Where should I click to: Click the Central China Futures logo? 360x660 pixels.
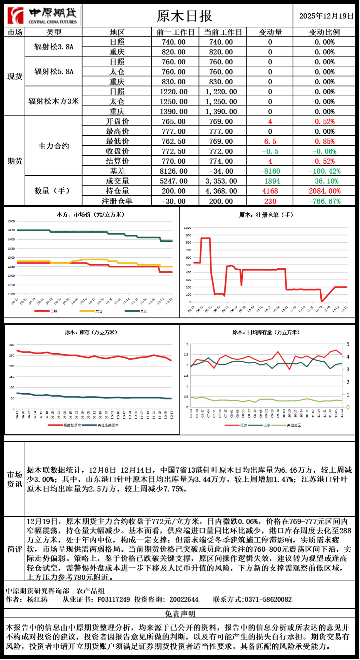coord(43,15)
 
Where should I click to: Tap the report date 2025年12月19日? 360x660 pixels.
coord(326,16)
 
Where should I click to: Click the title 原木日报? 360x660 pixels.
coord(184,16)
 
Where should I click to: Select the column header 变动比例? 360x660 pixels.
coord(324,32)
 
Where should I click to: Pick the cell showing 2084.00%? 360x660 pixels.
coord(325,191)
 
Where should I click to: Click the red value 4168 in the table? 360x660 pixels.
coord(270,191)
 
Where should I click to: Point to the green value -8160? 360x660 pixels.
coord(270,171)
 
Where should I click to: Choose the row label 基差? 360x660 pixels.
coord(117,171)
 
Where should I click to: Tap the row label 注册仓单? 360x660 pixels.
coord(117,201)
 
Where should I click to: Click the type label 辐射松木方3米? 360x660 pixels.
coord(53,101)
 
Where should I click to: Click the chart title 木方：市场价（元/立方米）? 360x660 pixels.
coord(91,215)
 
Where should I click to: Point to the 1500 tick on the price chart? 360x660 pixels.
coord(11,221)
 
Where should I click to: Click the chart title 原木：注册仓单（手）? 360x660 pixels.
coord(266,215)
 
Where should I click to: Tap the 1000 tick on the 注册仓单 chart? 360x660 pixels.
coord(188,228)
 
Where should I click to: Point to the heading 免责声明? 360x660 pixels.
coord(180,614)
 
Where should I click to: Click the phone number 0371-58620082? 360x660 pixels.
coord(268,600)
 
